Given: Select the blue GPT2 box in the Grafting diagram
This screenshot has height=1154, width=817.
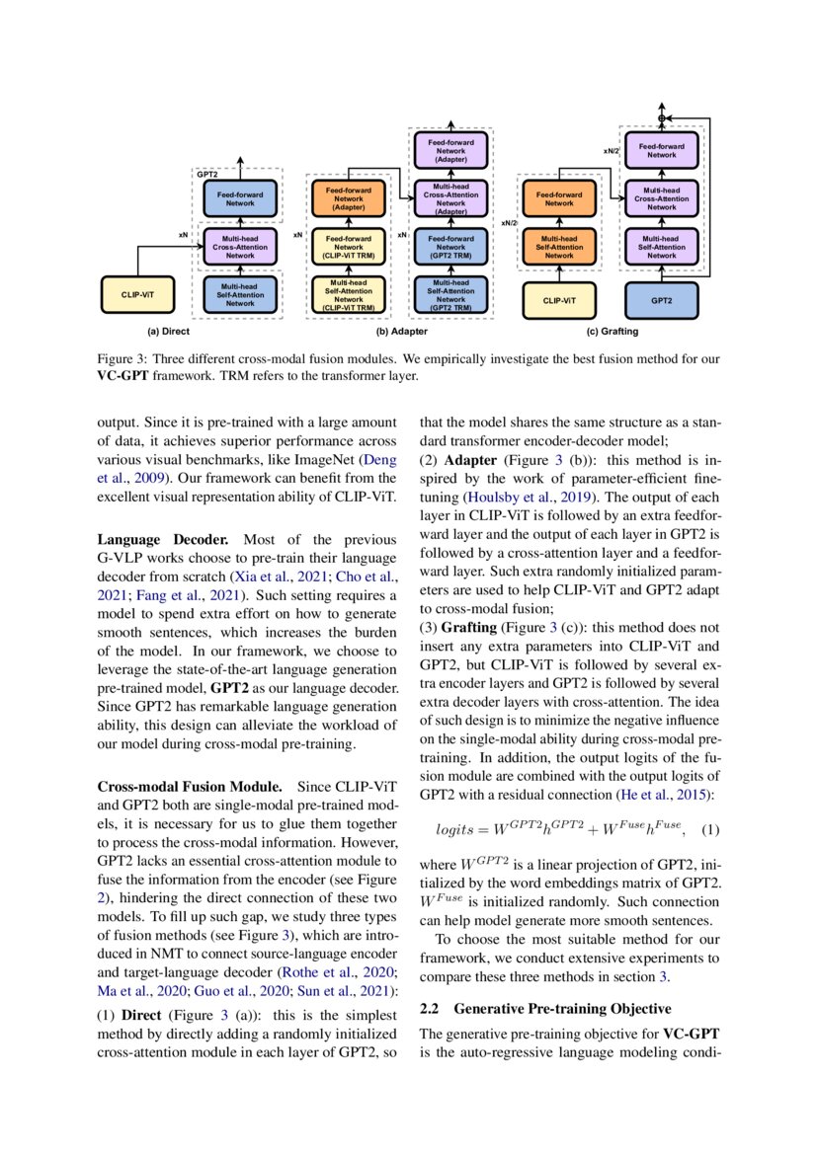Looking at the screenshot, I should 662,298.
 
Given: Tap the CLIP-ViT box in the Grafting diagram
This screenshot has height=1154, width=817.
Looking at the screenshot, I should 559,298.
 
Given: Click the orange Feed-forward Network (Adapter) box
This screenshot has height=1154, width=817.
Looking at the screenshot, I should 348,197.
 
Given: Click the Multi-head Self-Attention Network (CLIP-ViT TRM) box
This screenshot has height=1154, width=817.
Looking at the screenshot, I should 348,294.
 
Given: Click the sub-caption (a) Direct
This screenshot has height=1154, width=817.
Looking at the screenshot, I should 168,332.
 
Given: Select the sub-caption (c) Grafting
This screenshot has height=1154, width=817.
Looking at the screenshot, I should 613,332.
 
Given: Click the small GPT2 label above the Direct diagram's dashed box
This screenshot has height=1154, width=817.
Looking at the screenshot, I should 206,174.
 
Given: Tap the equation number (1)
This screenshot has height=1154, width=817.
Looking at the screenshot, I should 709,831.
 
